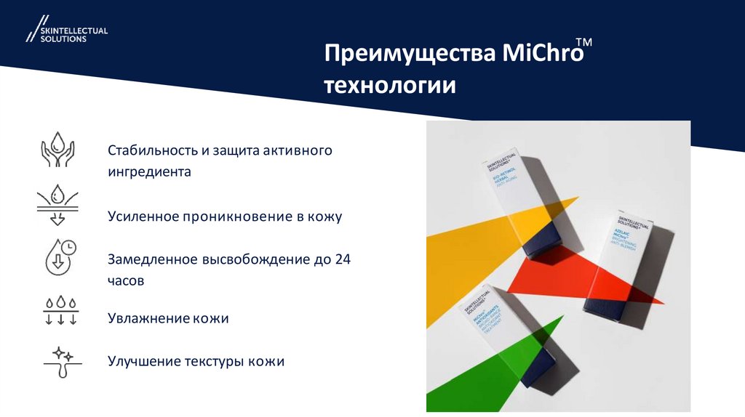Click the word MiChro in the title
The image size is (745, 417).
543,55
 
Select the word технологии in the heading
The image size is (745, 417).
390,86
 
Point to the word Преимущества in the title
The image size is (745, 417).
410,55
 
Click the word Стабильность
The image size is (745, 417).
153,150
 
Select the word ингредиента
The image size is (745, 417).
149,172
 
